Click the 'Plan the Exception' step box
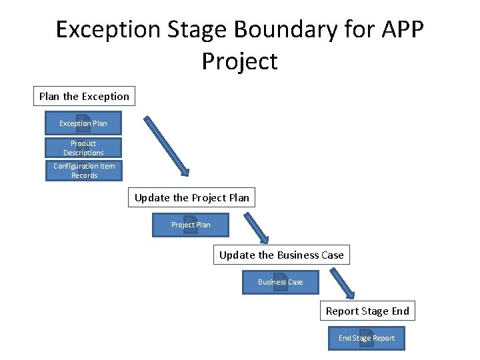pos(84,96)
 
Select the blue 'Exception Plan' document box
pos(83,123)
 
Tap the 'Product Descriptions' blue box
pos(83,148)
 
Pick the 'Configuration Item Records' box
pos(84,171)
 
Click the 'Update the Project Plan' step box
pos(191,197)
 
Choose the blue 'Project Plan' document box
pos(191,225)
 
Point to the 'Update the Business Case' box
pos(281,255)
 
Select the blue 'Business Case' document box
pos(281,282)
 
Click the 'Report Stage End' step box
pos(367,311)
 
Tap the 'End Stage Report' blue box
pos(366,338)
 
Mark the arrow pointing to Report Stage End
pos(341,283)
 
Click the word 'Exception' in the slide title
pos(109,30)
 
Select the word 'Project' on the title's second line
pos(239,61)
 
